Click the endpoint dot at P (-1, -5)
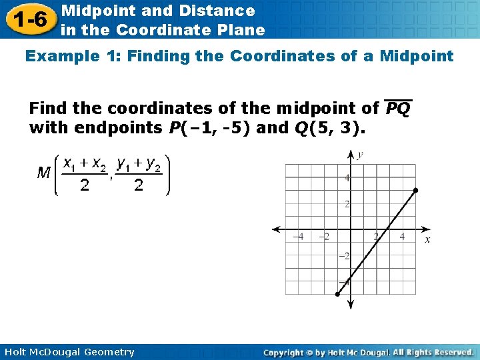pyautogui.click(x=337, y=294)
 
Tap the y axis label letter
pyautogui.click(x=360, y=155)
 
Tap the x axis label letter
pyautogui.click(x=427, y=239)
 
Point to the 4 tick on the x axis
pyautogui.click(x=402, y=237)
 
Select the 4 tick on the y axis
pyautogui.click(x=347, y=178)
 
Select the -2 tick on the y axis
pyautogui.click(x=344, y=256)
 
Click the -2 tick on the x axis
pyautogui.click(x=324, y=237)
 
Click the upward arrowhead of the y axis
pyautogui.click(x=351, y=154)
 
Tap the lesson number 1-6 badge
pyautogui.click(x=28, y=19)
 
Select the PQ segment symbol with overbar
pyautogui.click(x=398, y=108)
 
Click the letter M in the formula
pyautogui.click(x=45, y=173)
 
